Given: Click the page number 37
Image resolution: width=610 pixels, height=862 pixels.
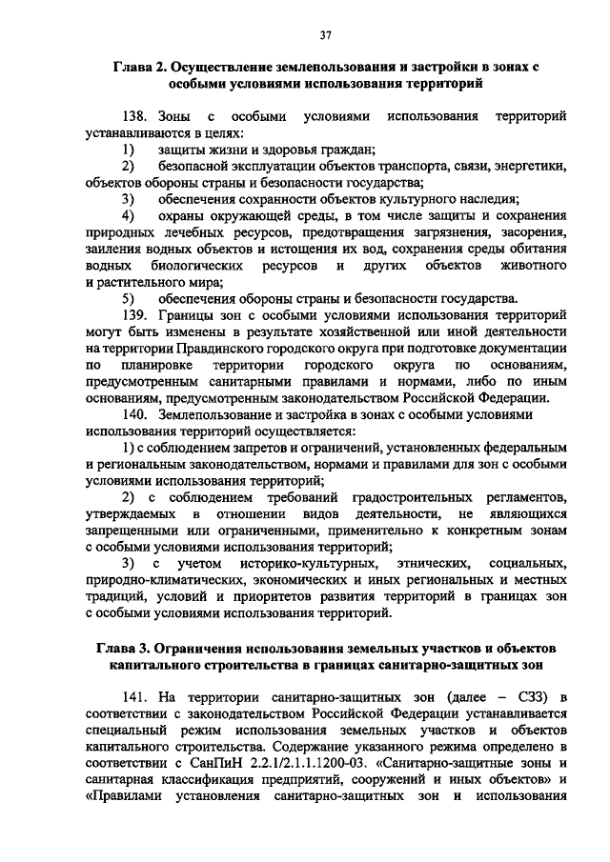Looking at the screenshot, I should pos(326,35).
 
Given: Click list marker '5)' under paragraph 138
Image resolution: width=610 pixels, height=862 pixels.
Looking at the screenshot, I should pos(125,297).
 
